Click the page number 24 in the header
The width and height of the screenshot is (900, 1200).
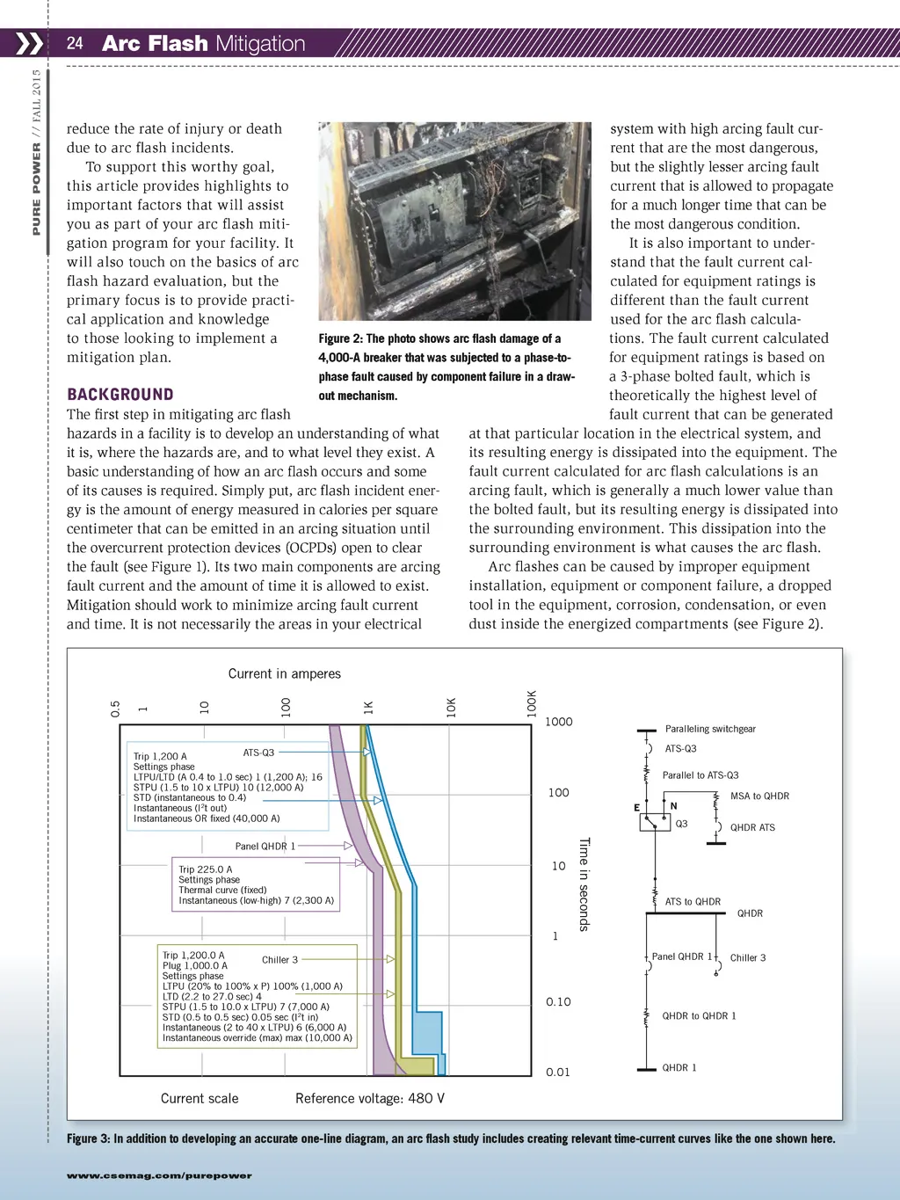pyautogui.click(x=75, y=43)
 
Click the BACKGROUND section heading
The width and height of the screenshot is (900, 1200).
pyautogui.click(x=120, y=395)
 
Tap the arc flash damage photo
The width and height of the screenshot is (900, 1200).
pyautogui.click(x=454, y=221)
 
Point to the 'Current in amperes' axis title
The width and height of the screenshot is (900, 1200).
pyautogui.click(x=284, y=673)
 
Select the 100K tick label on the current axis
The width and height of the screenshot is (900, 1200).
pyautogui.click(x=532, y=703)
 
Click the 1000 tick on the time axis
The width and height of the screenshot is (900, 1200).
pyautogui.click(x=558, y=722)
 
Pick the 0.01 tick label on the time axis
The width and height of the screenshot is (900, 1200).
pyautogui.click(x=558, y=1072)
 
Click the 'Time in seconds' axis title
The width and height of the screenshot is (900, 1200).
pyautogui.click(x=584, y=884)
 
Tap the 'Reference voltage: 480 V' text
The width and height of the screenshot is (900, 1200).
pyautogui.click(x=370, y=1098)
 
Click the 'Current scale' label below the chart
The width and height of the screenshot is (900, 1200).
pyautogui.click(x=200, y=1098)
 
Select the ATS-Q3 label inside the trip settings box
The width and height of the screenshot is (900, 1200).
pyautogui.click(x=258, y=753)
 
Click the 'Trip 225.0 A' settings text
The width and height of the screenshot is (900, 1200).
pyautogui.click(x=206, y=869)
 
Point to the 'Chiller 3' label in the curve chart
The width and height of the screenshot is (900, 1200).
pyautogui.click(x=279, y=959)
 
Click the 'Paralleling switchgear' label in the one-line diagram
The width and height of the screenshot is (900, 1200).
pyautogui.click(x=710, y=729)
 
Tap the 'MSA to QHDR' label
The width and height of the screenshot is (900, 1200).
pyautogui.click(x=759, y=796)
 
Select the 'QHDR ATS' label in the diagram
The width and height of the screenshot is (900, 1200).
pyautogui.click(x=752, y=827)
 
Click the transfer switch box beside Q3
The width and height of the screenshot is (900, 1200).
pyautogui.click(x=655, y=823)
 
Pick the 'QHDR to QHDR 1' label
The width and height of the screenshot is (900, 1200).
pyautogui.click(x=699, y=1015)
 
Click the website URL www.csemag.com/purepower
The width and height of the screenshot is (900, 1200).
pyautogui.click(x=159, y=1175)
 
